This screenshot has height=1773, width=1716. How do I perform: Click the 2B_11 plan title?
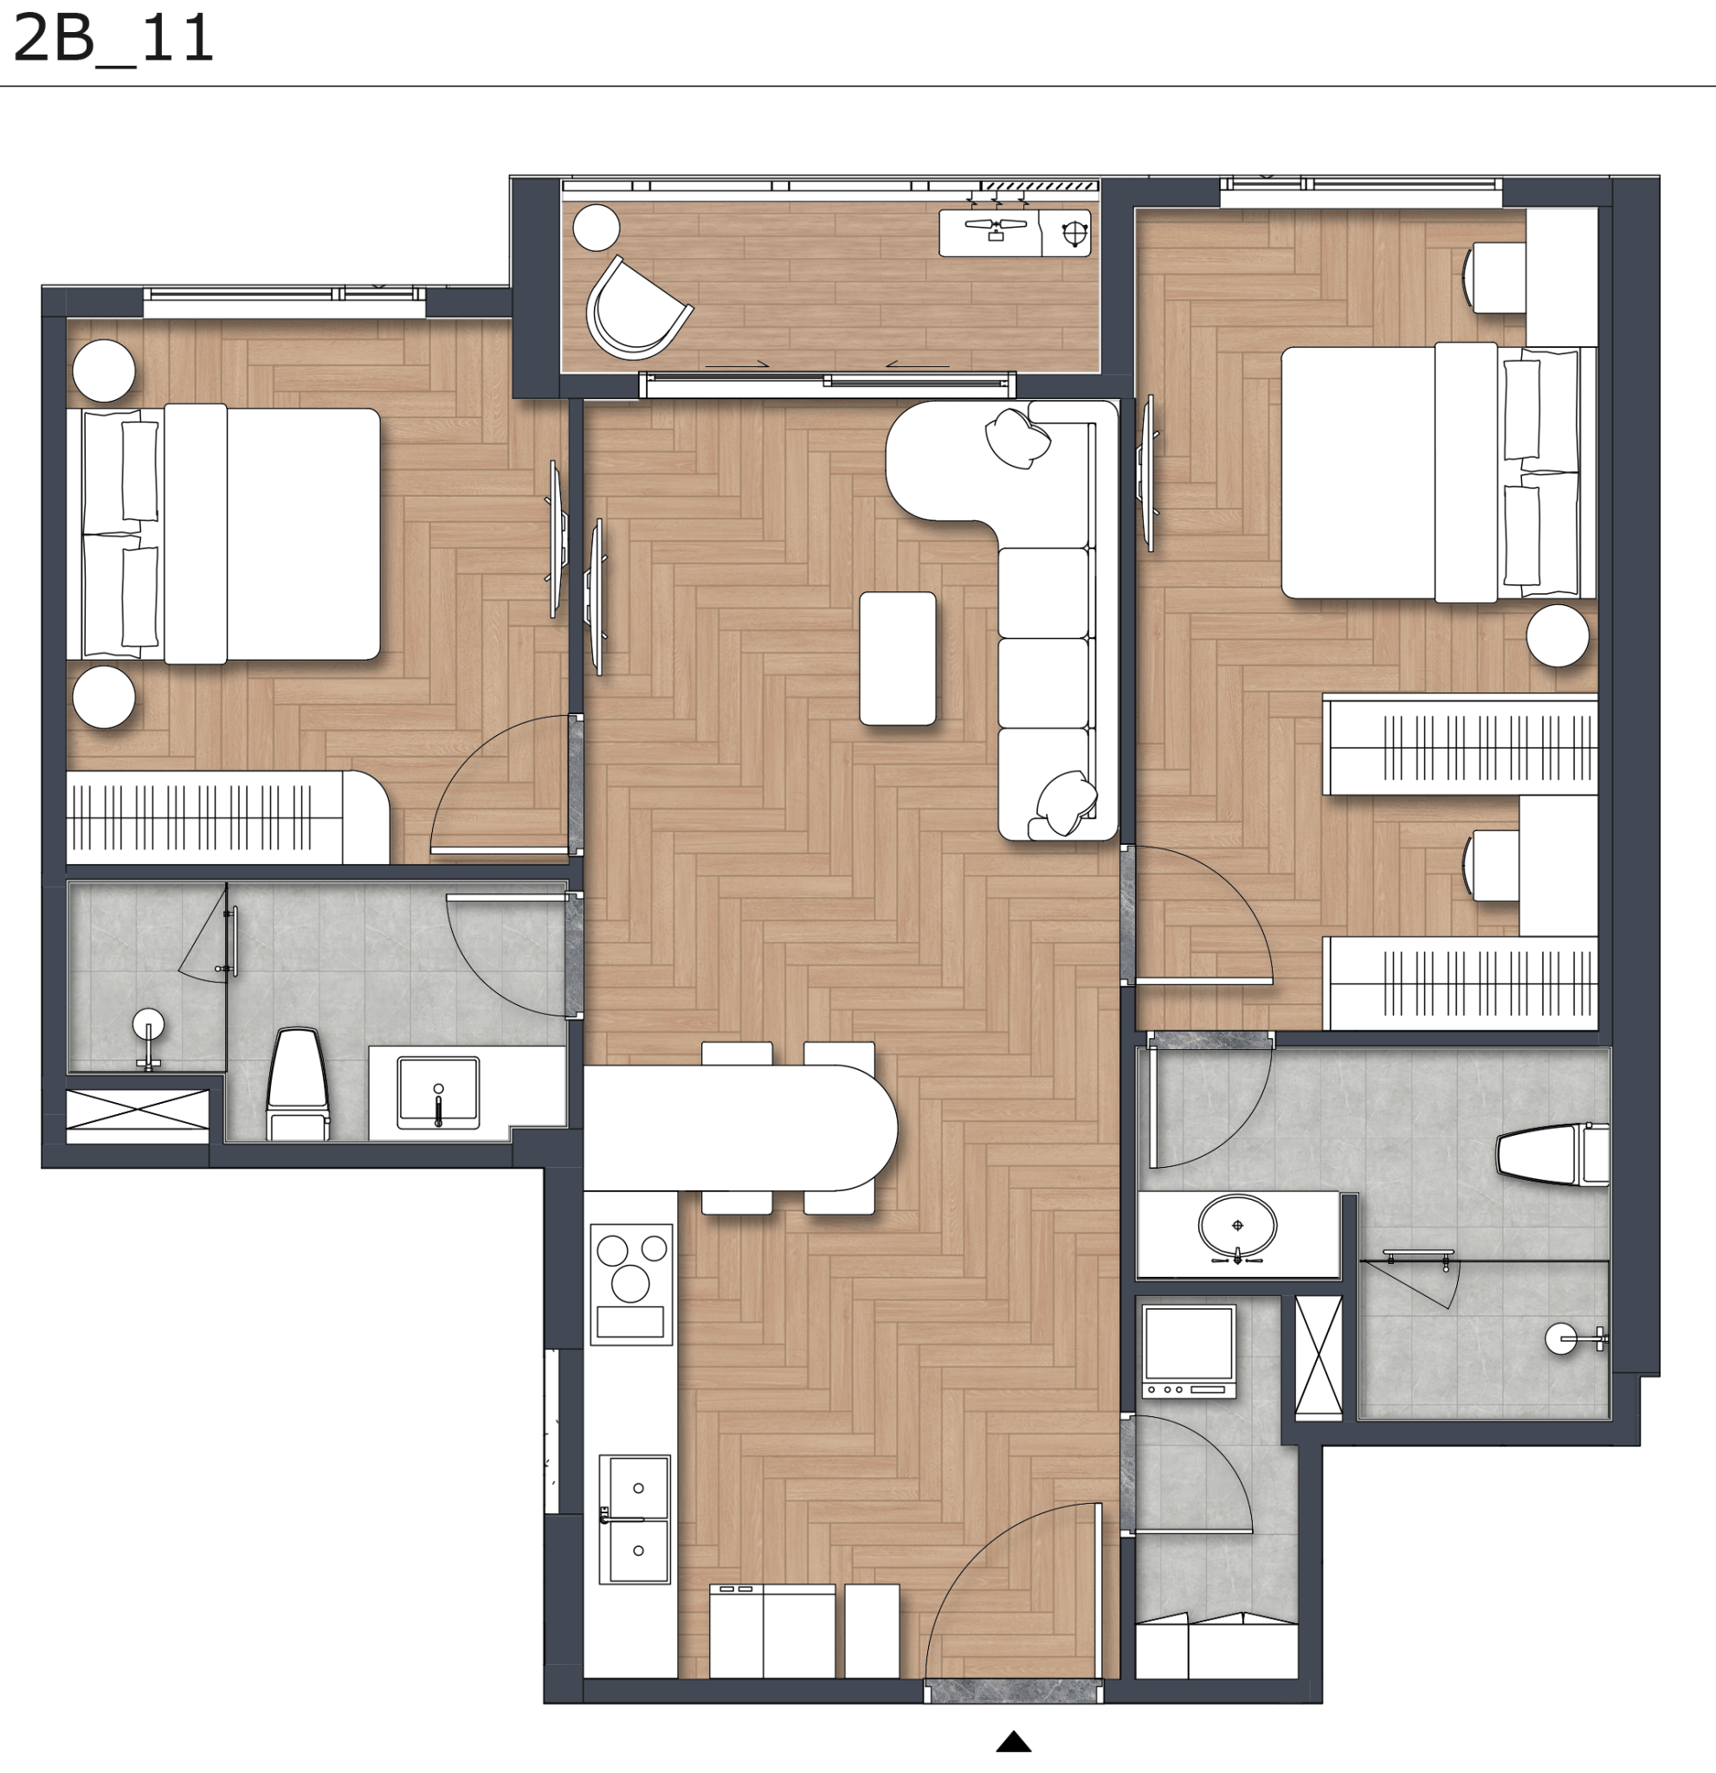point(113,38)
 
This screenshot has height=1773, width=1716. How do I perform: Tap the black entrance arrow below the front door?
point(1013,1741)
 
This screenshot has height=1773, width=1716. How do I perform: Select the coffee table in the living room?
point(897,659)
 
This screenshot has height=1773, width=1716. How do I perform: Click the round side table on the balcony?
point(597,227)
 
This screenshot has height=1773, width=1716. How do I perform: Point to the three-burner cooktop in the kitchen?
point(631,1285)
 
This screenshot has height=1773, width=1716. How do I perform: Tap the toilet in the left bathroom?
point(298,1083)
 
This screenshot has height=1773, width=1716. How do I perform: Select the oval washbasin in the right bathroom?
point(1237,1227)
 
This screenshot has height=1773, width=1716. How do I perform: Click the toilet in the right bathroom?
point(1552,1154)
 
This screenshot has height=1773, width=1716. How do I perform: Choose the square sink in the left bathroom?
point(439,1093)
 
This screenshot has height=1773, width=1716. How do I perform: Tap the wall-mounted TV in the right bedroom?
point(1149,473)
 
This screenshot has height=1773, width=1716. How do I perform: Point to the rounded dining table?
point(740,1127)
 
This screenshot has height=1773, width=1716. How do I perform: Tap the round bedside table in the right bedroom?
point(1558,635)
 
